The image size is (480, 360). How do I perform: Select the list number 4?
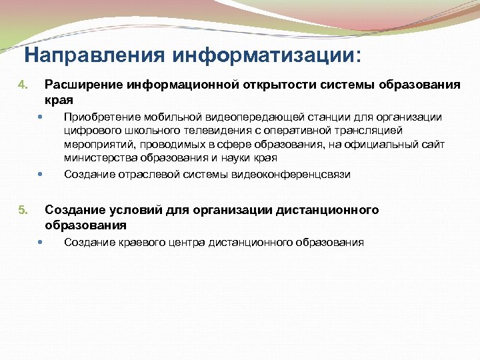21,85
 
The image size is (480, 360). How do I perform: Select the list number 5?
21,211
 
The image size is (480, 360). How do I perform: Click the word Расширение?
76,85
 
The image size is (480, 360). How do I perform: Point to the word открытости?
281,85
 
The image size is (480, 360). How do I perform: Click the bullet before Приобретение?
41,117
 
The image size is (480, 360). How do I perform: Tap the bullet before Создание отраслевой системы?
41,175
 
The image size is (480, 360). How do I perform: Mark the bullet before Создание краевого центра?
41,242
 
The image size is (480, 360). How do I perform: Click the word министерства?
98,158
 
